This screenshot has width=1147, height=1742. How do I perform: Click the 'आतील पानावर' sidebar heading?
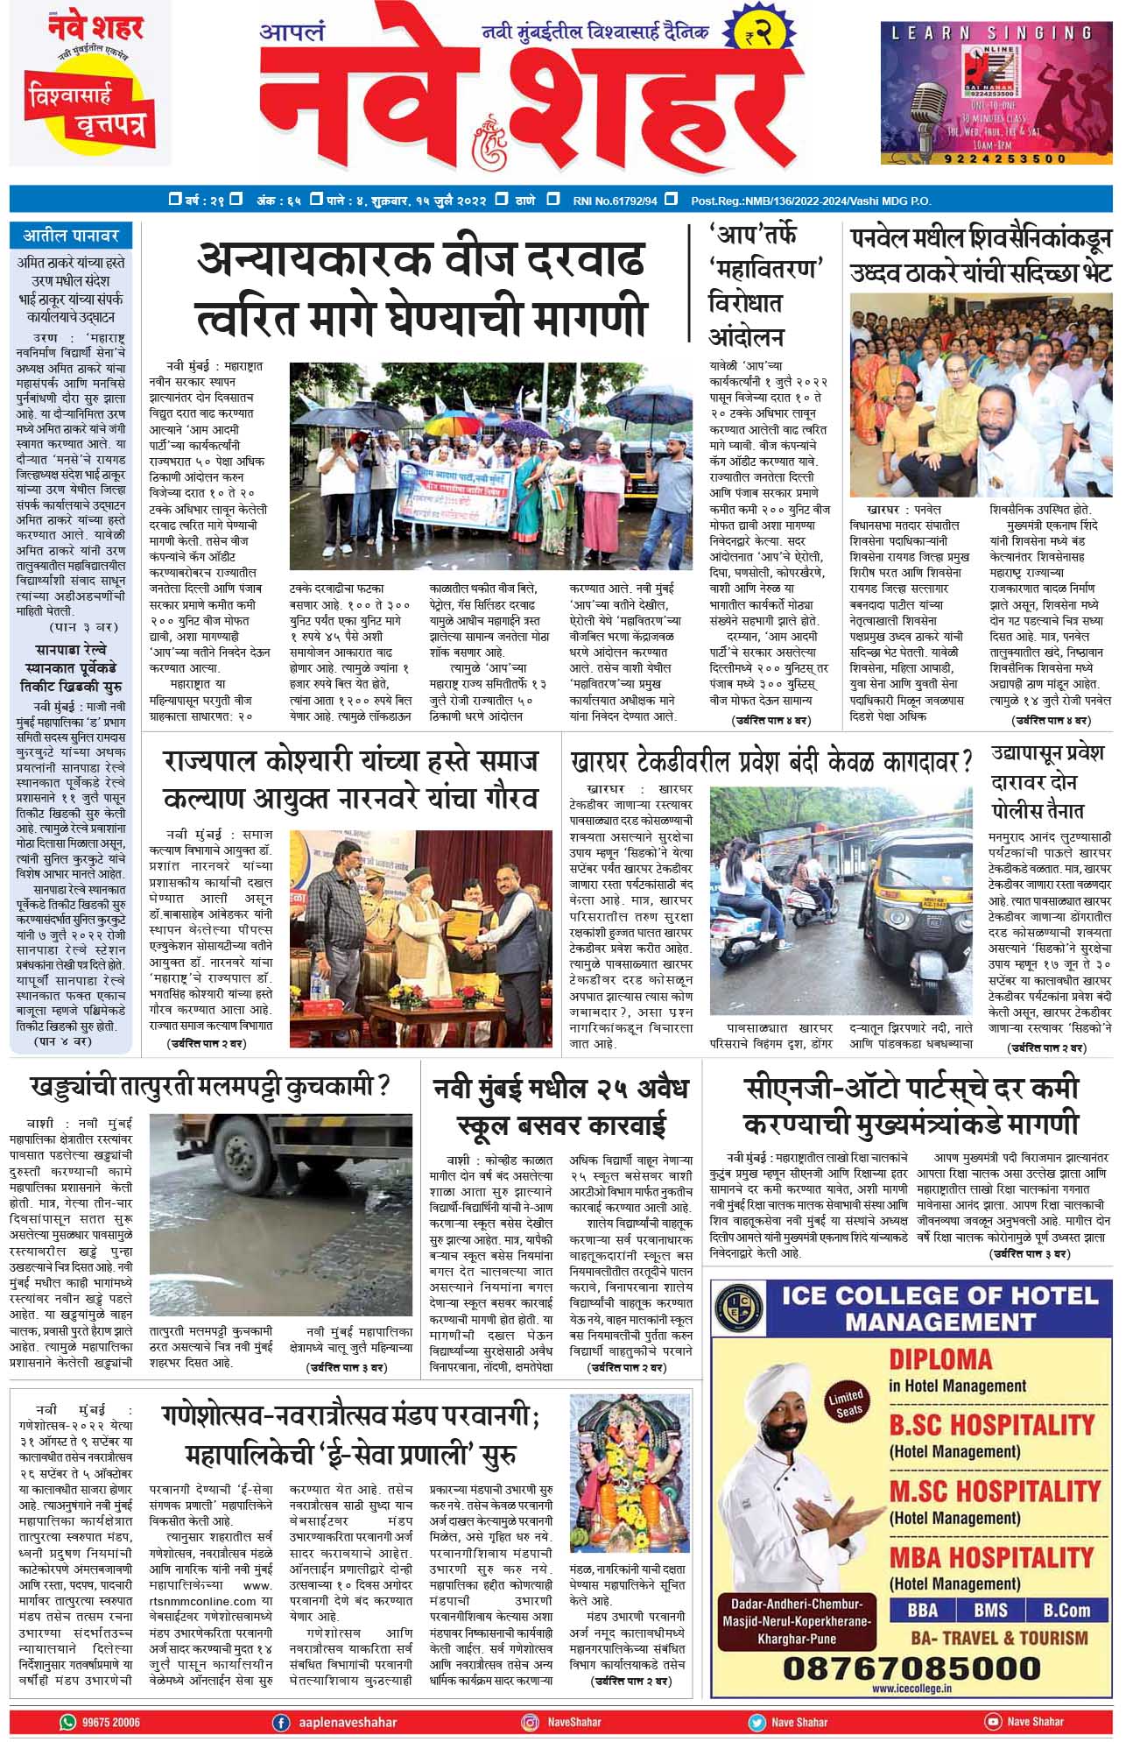coord(70,236)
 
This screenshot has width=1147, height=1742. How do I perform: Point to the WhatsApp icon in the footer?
coord(67,1722)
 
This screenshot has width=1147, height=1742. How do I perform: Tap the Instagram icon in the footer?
coord(530,1722)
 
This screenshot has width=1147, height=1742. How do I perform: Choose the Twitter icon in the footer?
coord(756,1722)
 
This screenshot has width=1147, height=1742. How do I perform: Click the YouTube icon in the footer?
coord(993,1722)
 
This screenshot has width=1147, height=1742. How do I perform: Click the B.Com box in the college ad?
coord(1066,1610)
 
